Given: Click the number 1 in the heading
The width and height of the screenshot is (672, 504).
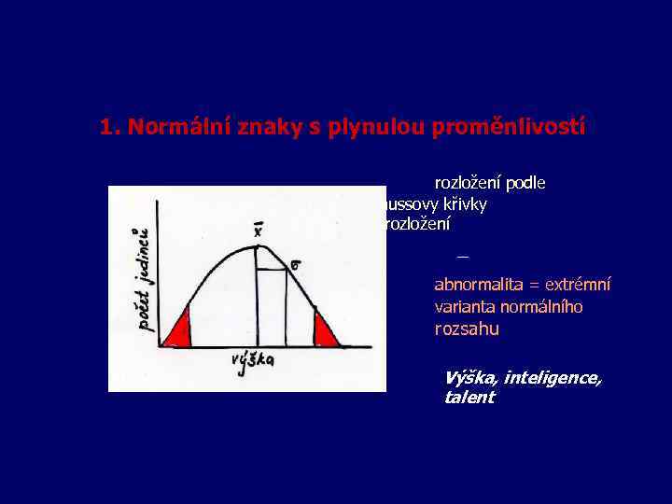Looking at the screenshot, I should point(106,127).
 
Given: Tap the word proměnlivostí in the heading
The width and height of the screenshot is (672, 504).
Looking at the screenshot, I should point(508,127).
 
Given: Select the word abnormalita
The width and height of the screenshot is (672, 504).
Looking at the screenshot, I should point(476,285).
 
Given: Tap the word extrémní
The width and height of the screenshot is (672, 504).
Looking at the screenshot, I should point(581,285).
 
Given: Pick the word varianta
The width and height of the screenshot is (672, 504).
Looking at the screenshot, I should point(465,306).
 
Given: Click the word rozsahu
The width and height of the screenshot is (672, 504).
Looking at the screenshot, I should point(467,329).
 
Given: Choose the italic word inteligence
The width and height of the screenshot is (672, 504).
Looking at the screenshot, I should point(554,377).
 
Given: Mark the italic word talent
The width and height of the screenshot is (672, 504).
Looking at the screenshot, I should point(469,398).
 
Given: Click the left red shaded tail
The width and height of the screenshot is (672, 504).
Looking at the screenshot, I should point(179,329).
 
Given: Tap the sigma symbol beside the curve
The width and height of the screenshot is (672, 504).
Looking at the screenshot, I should point(295,266).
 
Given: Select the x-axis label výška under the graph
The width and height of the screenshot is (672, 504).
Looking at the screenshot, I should point(253,362).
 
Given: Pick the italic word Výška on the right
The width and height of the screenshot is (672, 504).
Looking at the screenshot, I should point(471,377).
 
